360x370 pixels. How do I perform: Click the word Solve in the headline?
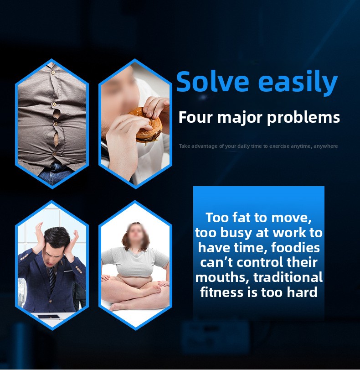pyautogui.click(x=213, y=81)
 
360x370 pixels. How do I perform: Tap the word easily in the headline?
pyautogui.click(x=298, y=82)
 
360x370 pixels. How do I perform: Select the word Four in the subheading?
pyautogui.click(x=195, y=117)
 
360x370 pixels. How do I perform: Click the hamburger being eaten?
pyautogui.click(x=146, y=125)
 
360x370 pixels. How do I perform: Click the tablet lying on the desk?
pyautogui.click(x=49, y=317)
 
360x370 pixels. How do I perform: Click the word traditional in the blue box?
pyautogui.click(x=288, y=277)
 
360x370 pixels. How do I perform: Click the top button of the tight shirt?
pyautogui.click(x=53, y=72)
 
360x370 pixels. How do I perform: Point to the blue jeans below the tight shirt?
pyautogui.click(x=56, y=173)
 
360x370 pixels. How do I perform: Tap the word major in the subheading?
pyautogui.click(x=240, y=118)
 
